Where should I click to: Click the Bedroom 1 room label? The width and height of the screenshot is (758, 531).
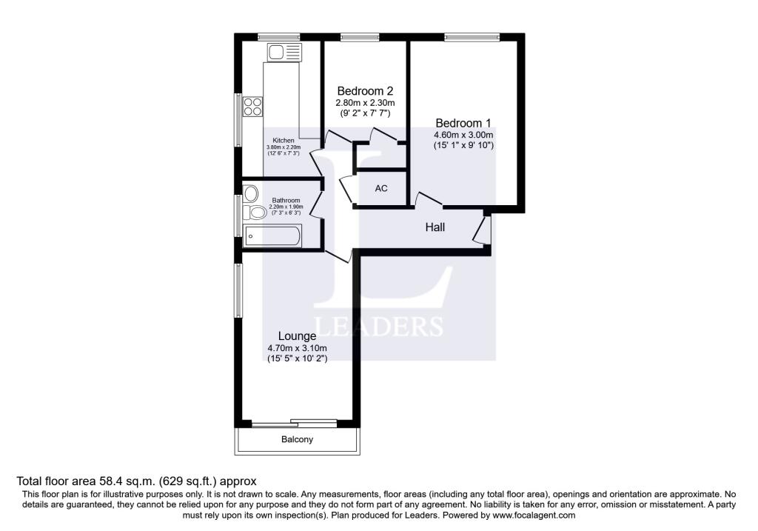tap(463, 124)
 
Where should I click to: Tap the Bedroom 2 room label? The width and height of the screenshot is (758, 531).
tap(365, 91)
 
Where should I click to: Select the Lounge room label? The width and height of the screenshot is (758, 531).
tap(297, 336)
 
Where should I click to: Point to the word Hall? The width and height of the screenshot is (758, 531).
tap(435, 227)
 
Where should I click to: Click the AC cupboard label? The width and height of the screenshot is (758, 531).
tap(381, 188)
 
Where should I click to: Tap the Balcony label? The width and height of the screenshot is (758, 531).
tap(297, 440)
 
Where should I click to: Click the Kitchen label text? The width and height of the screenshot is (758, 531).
tap(284, 140)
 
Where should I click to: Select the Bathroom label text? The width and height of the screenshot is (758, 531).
tap(286, 200)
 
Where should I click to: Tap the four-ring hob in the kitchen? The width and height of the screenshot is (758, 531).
tap(252, 107)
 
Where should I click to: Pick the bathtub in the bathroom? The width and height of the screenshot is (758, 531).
tap(272, 236)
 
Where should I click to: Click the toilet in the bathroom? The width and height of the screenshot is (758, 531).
tap(255, 212)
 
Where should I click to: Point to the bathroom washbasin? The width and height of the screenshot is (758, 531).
tap(250, 193)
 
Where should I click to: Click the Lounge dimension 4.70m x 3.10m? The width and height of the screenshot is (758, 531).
tap(297, 348)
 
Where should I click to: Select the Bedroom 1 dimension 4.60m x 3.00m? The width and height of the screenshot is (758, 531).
tap(463, 135)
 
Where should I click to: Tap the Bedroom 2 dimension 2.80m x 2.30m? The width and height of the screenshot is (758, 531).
tap(365, 103)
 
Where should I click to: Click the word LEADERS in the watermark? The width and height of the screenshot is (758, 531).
tap(378, 327)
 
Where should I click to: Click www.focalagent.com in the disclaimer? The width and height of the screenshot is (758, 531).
tap(534, 515)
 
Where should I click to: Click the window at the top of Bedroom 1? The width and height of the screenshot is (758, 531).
tap(472, 36)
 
